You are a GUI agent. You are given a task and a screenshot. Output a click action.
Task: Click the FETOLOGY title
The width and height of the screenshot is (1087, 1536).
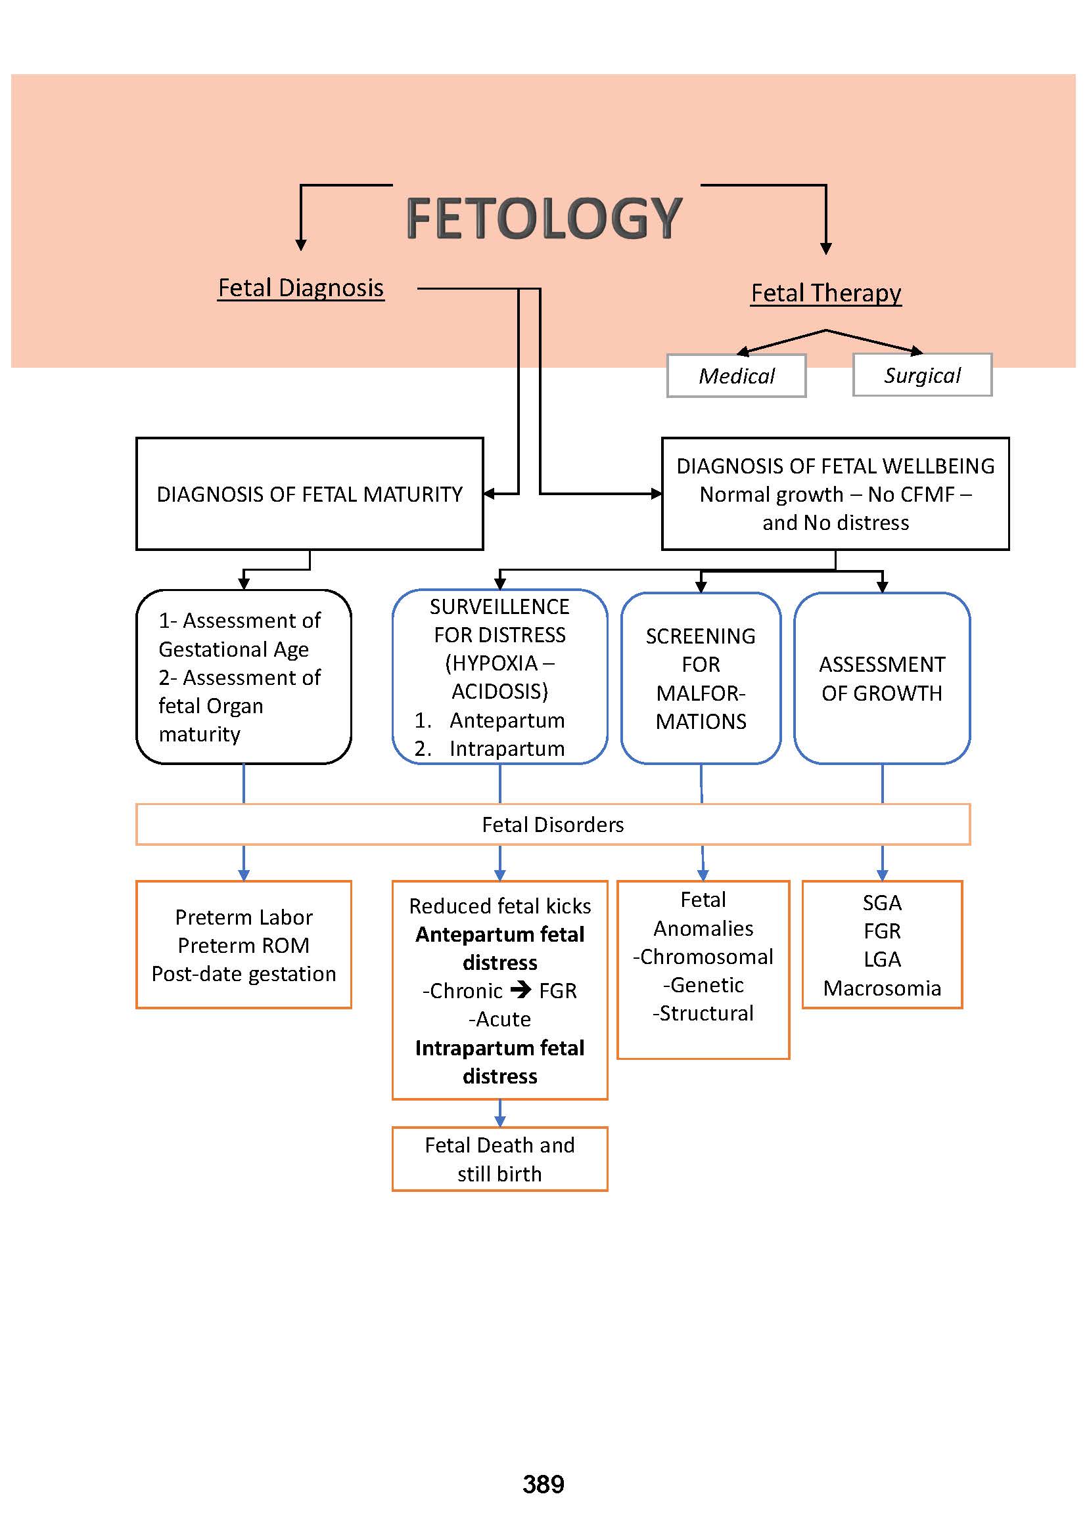coord(543,218)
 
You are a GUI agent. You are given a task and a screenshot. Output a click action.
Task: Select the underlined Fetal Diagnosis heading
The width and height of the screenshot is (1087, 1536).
coord(300,288)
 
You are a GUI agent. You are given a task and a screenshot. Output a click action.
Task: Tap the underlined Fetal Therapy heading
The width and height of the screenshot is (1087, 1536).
coord(825,293)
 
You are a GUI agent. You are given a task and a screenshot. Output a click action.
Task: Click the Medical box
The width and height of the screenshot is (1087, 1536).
coord(736,376)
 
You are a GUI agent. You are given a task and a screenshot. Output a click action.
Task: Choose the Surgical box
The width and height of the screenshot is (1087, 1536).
coord(921,376)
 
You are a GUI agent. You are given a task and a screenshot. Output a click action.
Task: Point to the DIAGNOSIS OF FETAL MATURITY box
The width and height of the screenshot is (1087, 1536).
coord(310,494)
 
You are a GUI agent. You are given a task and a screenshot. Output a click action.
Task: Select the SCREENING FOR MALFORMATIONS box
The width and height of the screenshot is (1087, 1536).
coord(700,678)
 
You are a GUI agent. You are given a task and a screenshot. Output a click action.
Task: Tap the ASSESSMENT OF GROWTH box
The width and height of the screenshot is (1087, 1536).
coord(881,678)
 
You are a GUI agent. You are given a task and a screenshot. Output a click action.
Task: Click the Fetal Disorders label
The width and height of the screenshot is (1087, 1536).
coord(552,825)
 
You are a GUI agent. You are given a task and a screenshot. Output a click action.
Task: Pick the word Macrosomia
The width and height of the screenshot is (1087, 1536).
coord(881,988)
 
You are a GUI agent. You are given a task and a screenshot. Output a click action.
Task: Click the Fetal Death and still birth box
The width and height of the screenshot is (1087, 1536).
coord(499,1159)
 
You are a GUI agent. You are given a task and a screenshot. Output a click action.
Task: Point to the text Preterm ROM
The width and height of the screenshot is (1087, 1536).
coord(244,945)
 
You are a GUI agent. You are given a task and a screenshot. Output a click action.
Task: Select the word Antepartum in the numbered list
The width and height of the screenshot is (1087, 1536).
coord(507,720)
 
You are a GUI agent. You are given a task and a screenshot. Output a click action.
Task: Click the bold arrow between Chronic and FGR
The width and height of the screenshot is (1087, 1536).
coord(520,990)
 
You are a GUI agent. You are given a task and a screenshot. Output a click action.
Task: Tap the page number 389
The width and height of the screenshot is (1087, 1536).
coord(543,1485)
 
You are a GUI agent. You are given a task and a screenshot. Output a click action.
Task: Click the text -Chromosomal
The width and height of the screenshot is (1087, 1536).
coord(703,957)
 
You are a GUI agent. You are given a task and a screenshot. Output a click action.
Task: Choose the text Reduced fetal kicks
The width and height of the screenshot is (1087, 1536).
coord(499,906)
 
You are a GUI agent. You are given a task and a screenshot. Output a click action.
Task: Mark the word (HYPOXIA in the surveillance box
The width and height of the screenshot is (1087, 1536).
coord(492,663)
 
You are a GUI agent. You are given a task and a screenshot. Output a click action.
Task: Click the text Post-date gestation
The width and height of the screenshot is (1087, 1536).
coord(244,974)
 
